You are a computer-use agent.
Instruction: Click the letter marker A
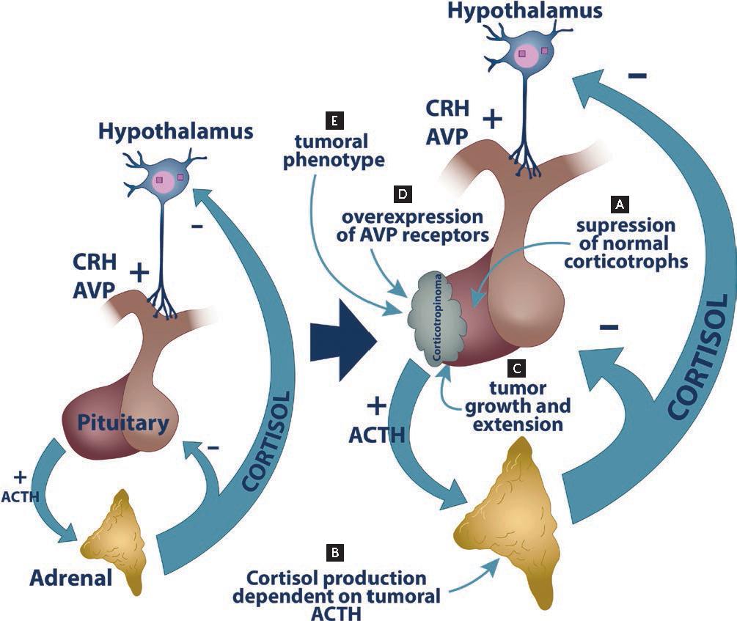point(621,201)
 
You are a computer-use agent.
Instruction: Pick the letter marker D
point(403,195)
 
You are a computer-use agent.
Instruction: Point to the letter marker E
point(334,118)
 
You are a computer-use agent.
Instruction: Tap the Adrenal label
point(71,578)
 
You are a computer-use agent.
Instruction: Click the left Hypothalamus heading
point(175,132)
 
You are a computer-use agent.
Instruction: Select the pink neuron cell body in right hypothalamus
point(529,56)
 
